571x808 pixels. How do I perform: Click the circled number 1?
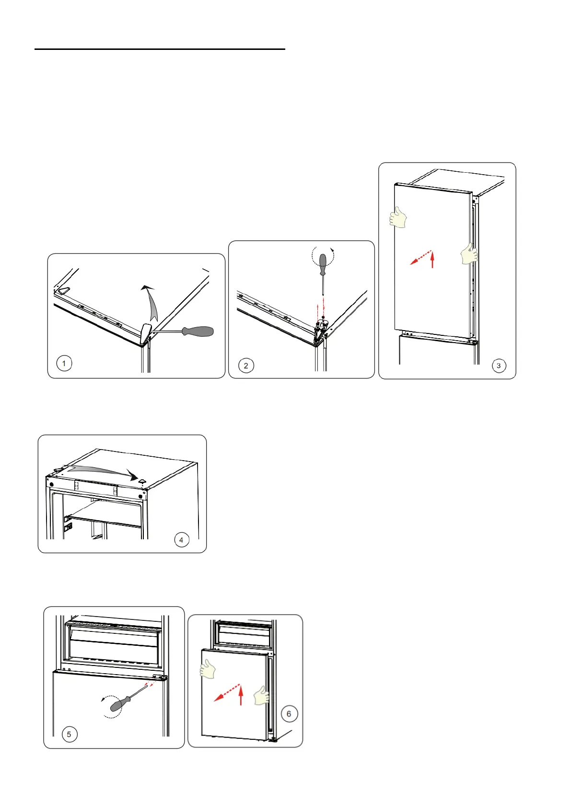64,363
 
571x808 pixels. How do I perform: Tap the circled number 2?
246,366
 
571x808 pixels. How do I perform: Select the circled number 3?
499,366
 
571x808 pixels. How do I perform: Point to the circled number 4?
182,540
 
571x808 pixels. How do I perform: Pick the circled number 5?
70,735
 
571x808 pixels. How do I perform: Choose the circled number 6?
289,713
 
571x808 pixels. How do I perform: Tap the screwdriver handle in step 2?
323,265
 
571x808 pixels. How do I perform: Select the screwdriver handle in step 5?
120,704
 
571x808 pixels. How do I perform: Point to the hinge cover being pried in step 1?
146,333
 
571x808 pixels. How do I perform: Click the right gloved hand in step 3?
469,254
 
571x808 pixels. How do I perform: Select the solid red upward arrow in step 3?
432,260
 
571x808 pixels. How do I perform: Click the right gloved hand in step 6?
262,695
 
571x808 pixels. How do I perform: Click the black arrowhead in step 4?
134,475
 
